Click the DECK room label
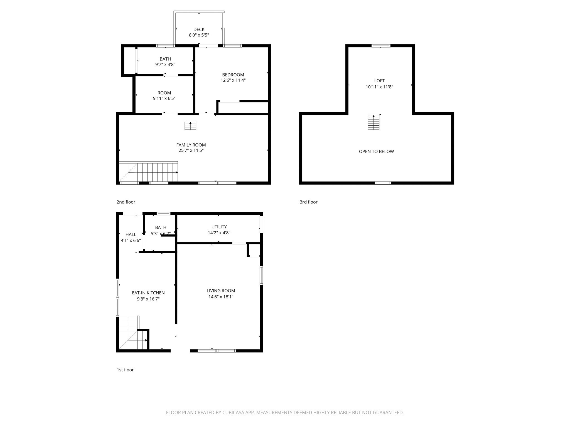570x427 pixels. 199,29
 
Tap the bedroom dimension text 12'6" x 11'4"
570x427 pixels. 233,80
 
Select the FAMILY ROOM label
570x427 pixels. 191,145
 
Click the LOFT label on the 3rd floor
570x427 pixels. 379,81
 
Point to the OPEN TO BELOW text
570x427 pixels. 376,152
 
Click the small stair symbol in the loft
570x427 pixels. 373,123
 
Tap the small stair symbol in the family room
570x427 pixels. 190,126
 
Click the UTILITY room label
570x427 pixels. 219,227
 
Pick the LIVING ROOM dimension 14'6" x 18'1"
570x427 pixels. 221,297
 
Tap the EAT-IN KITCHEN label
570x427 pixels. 148,293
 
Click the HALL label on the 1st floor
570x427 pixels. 131,235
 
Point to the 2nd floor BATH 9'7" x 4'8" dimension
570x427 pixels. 165,65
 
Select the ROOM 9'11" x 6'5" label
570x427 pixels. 164,93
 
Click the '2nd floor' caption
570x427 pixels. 126,202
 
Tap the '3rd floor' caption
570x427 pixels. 308,202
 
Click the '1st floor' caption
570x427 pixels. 125,370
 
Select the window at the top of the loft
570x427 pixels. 381,46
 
